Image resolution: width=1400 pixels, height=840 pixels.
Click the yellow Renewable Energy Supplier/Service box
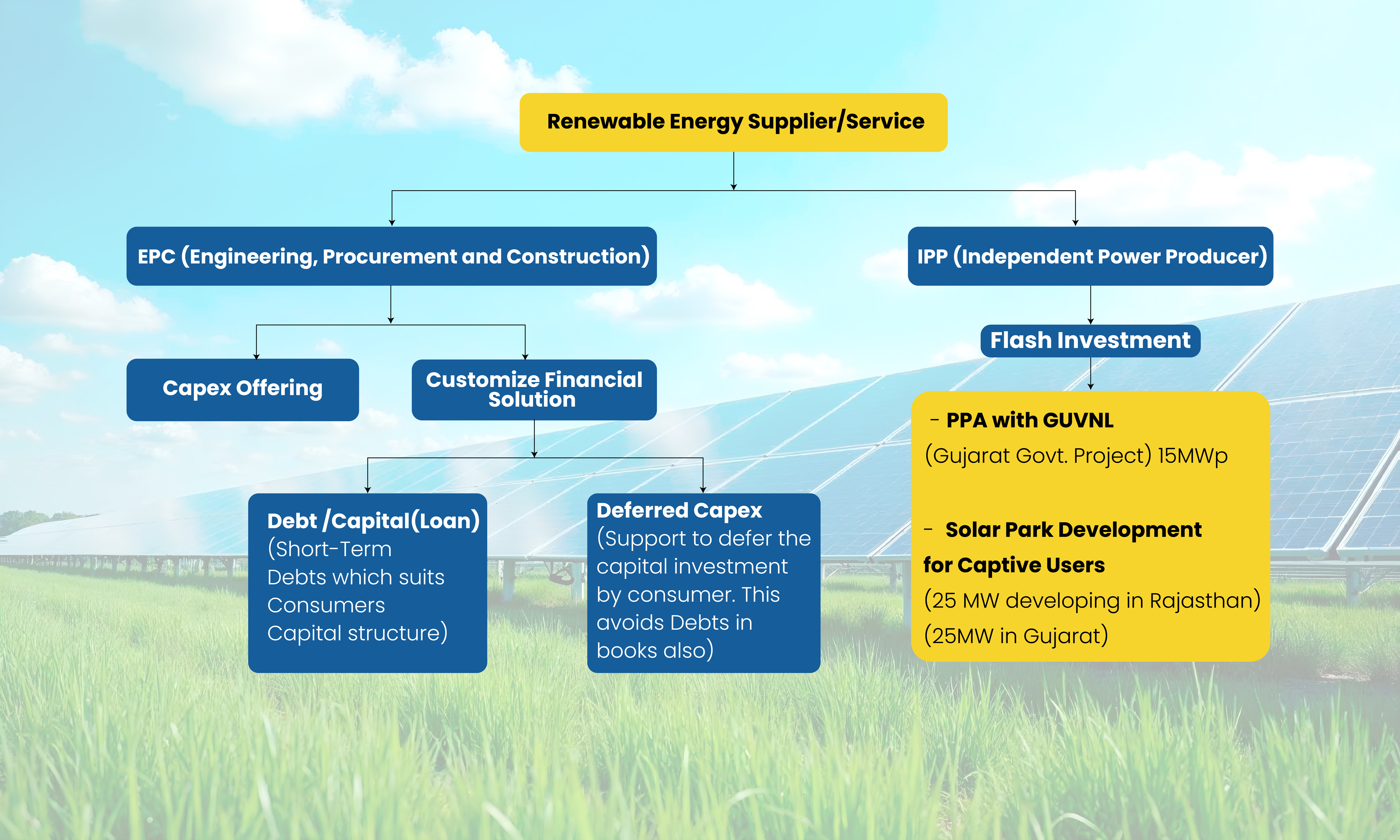[x=733, y=122]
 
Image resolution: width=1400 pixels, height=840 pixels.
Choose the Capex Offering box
[x=243, y=389]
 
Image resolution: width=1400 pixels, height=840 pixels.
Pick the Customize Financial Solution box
[x=534, y=389]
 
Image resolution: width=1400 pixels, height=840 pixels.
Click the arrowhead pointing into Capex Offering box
[x=256, y=357]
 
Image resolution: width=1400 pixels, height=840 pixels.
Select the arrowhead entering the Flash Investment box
[x=1090, y=322]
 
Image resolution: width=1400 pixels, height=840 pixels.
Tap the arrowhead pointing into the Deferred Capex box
[x=703, y=490]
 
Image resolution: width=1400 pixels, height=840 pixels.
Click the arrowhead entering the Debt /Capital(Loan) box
[x=368, y=490]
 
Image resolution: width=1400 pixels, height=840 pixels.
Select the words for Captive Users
[x=1014, y=565]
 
